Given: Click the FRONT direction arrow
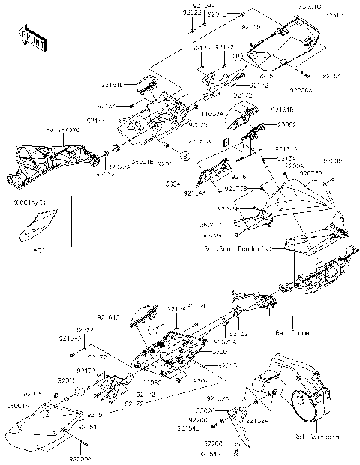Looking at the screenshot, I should [x=31, y=36].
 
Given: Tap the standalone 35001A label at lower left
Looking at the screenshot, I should [x=16, y=405].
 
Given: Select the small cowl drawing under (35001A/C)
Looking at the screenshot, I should [x=39, y=223].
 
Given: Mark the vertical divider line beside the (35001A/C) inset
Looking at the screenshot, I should [x=72, y=220].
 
